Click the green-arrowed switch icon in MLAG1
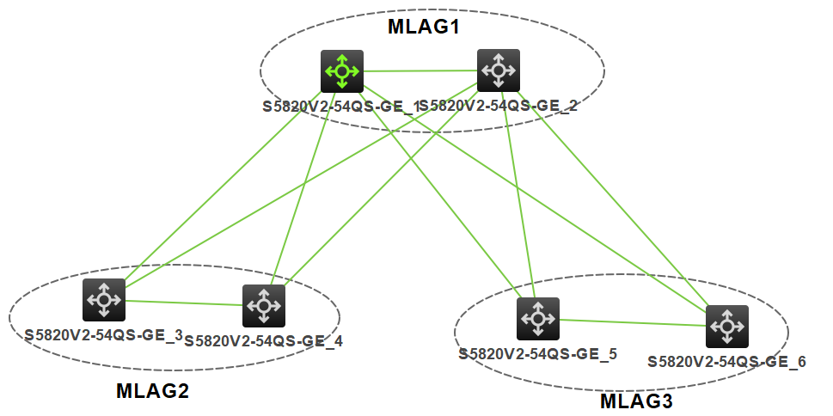coord(342,70)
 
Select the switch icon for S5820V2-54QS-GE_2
coord(499,70)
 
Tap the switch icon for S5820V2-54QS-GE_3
coord(104,300)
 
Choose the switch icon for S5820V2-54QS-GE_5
coord(538,319)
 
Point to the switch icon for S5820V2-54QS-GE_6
coord(727,326)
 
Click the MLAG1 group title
coord(424,27)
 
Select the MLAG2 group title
coord(152,392)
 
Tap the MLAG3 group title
coord(636,401)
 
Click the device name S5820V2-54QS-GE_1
coord(340,107)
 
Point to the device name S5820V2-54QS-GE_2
coord(499,107)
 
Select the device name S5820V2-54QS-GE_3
coord(103,335)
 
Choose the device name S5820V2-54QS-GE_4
coord(263,341)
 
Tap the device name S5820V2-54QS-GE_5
coord(537,353)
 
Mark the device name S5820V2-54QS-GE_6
coord(726,362)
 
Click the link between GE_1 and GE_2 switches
coord(420,70)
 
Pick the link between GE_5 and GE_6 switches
coord(633,322)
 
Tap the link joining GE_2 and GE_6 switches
coord(619,206)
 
